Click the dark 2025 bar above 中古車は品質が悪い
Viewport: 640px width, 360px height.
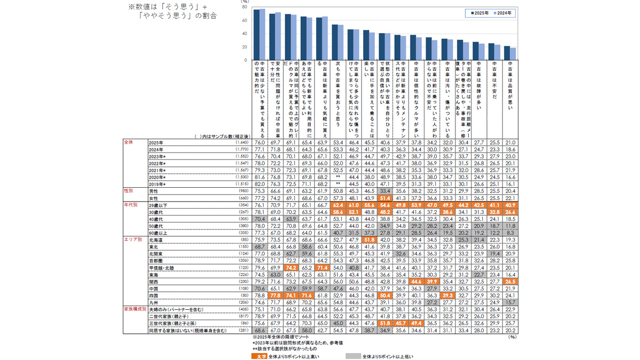(x=507, y=53)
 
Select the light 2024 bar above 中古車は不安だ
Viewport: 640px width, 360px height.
(x=498, y=52)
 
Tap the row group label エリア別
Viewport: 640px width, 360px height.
(x=133, y=239)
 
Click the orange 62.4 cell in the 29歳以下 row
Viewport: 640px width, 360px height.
(x=338, y=204)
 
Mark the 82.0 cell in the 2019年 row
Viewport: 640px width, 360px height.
(x=260, y=183)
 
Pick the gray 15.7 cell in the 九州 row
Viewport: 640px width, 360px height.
(x=510, y=302)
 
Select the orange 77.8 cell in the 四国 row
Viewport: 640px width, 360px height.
(x=275, y=295)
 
